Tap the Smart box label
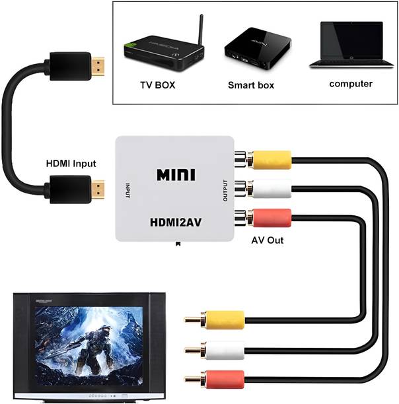pos(250,85)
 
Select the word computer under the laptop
pos(351,84)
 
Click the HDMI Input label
pos(71,164)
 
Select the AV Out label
pos(267,240)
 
